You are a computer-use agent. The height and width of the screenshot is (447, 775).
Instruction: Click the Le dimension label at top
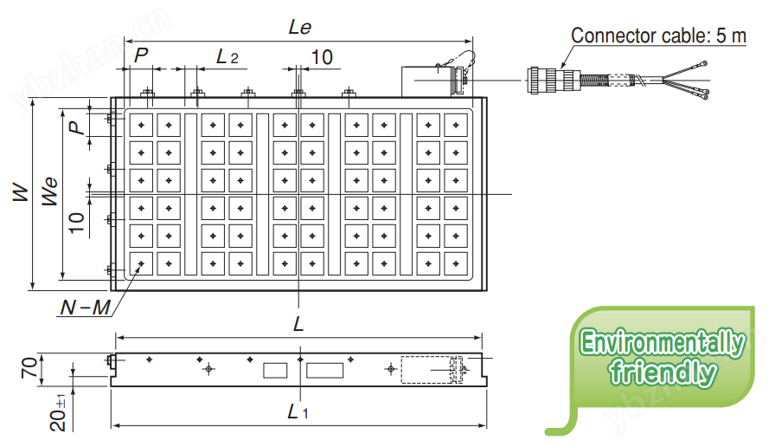(299, 27)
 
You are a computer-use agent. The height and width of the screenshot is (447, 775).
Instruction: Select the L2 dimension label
(227, 57)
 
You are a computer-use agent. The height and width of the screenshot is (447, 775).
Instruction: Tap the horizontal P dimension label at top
(143, 55)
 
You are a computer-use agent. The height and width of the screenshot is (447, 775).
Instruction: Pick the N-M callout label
(86, 307)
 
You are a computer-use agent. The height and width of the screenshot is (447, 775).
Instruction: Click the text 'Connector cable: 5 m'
(658, 36)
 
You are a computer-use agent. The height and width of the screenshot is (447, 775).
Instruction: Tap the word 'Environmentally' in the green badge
(662, 343)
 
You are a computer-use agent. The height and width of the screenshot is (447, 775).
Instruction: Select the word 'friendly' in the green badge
(663, 373)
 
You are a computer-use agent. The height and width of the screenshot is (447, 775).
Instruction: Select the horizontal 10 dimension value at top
(322, 57)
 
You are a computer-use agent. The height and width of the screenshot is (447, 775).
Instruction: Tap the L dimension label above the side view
(298, 325)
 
